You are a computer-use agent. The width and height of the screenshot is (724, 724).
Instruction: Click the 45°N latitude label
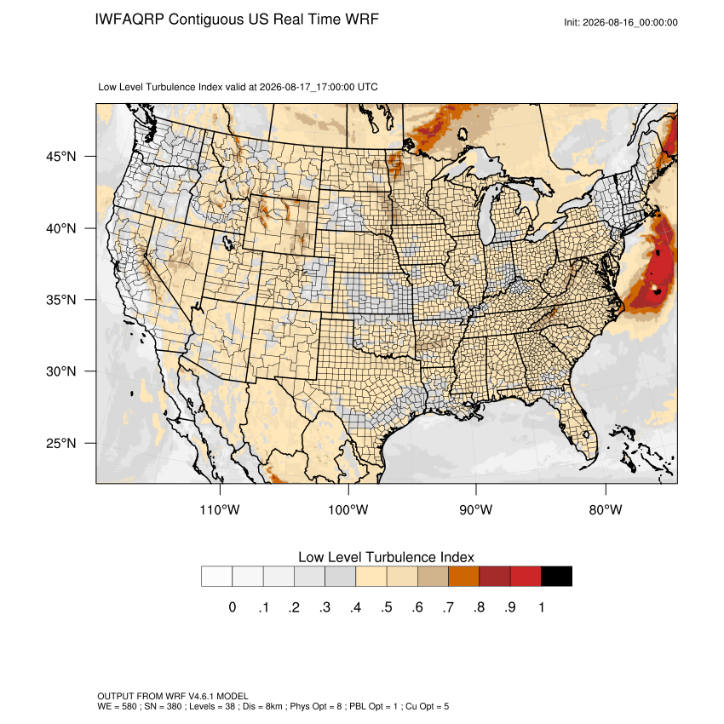(61, 157)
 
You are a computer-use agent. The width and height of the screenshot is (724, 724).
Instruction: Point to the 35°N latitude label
(61, 300)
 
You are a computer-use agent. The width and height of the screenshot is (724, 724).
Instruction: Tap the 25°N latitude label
(61, 443)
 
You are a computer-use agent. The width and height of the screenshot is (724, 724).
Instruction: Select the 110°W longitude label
(220, 509)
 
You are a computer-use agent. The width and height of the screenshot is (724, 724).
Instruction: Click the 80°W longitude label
(606, 509)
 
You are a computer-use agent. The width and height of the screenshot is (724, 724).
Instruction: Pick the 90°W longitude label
(475, 509)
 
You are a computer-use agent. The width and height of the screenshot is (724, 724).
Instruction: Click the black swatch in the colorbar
(556, 577)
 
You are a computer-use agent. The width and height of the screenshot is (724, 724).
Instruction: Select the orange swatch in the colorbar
(463, 577)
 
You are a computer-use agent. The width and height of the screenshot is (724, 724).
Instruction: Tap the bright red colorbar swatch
(526, 577)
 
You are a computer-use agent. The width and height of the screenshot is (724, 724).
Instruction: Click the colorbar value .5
(387, 607)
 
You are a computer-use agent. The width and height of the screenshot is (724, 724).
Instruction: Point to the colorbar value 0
(233, 607)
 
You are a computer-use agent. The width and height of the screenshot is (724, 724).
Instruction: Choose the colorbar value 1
(541, 607)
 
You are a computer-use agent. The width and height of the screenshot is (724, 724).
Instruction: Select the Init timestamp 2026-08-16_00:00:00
(629, 22)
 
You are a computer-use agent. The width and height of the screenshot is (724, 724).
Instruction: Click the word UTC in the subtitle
(368, 87)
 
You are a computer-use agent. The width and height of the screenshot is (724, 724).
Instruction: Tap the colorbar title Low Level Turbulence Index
(386, 557)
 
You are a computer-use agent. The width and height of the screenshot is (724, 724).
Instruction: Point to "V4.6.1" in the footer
(201, 696)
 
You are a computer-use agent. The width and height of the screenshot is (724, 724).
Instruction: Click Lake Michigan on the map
(486, 217)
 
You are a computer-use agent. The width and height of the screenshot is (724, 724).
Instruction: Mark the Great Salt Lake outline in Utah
(227, 242)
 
